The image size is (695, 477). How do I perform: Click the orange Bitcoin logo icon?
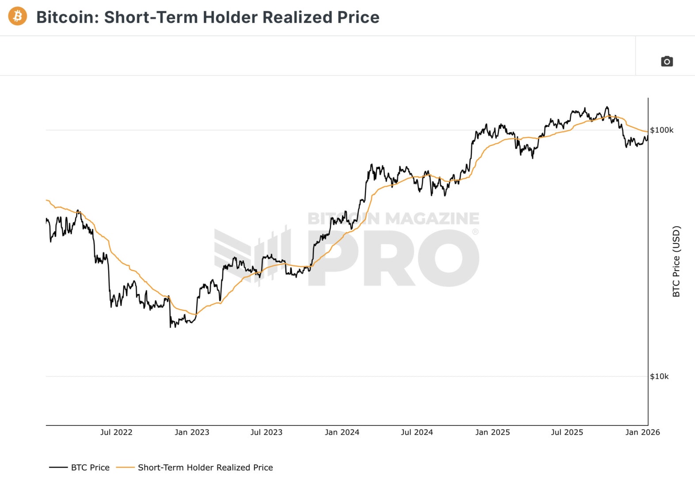click(x=18, y=16)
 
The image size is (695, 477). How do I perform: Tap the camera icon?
click(x=667, y=61)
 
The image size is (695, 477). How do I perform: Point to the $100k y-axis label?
click(x=662, y=130)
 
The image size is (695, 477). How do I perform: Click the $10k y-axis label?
click(x=659, y=376)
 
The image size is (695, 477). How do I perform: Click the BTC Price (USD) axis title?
click(x=676, y=261)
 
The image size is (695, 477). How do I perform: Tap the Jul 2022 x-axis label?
click(x=116, y=432)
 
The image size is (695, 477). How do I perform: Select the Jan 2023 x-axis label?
click(x=192, y=432)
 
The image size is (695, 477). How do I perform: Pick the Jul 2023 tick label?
click(x=266, y=432)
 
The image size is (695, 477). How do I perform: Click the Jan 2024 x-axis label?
click(x=342, y=432)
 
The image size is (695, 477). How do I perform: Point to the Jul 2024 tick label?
click(x=416, y=432)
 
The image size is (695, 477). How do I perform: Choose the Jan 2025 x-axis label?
click(x=493, y=432)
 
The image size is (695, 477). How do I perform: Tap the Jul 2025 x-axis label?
click(x=567, y=432)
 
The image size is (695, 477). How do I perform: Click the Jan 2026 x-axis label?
click(x=642, y=432)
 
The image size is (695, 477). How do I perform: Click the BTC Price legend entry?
click(x=90, y=467)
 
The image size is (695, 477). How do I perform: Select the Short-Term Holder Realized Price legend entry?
click(x=205, y=467)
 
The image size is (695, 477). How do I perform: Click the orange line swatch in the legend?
click(x=125, y=467)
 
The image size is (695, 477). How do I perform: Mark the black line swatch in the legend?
click(x=58, y=467)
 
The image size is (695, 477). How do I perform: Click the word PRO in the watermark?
click(x=393, y=258)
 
